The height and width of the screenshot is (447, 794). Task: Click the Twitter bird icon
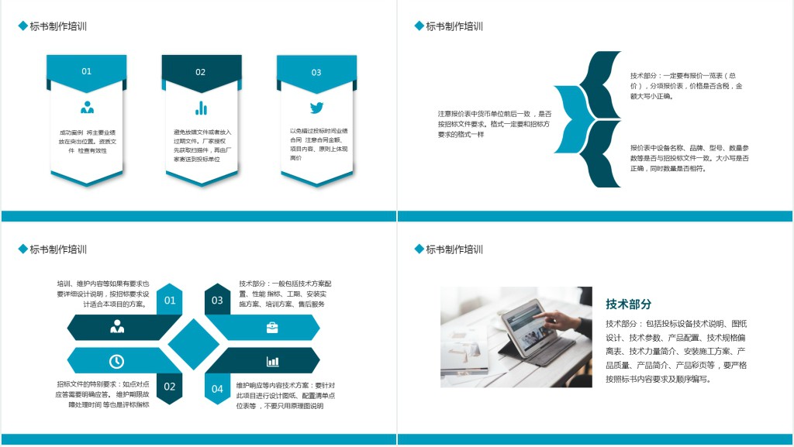point(316,108)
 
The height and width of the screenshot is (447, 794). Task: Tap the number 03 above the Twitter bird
point(316,73)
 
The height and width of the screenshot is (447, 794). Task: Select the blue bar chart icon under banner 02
point(201,108)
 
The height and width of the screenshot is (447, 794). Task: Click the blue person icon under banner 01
point(87,108)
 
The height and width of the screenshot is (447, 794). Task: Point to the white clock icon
point(116,361)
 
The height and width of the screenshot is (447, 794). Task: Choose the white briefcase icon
point(272,328)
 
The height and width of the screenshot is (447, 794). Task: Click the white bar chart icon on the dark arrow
point(272,361)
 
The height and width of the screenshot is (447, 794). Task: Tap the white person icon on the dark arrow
point(117,328)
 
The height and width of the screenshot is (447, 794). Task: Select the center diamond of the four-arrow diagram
point(194,344)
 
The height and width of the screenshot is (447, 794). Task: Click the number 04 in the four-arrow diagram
point(217,388)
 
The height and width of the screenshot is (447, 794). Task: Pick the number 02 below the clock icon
point(170,387)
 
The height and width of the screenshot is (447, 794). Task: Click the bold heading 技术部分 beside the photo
point(628,304)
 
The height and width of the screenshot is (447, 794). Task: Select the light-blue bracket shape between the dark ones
point(569,119)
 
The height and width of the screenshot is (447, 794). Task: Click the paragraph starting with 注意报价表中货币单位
point(494,124)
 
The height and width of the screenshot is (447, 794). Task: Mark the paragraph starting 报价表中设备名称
point(689,157)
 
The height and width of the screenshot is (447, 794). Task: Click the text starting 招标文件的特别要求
point(102,394)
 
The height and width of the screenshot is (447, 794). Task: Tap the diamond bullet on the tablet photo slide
point(419,249)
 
